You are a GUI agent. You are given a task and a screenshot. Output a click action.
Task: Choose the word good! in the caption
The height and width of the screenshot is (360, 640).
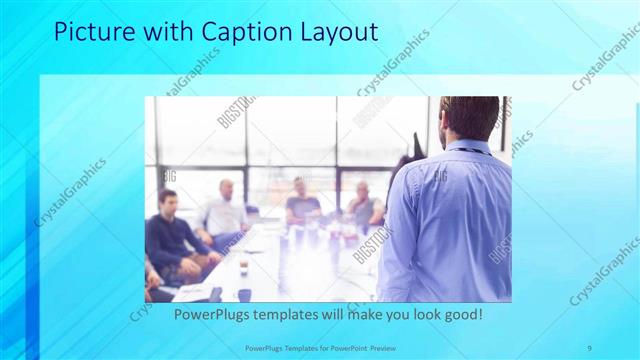coord(463,314)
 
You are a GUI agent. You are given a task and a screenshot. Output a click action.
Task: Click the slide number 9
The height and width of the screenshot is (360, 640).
coord(589,347)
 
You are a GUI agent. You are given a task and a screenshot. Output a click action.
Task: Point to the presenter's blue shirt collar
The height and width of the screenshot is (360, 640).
coord(467,146)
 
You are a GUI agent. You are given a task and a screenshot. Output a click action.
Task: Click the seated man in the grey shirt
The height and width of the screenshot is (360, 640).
coord(361,205)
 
